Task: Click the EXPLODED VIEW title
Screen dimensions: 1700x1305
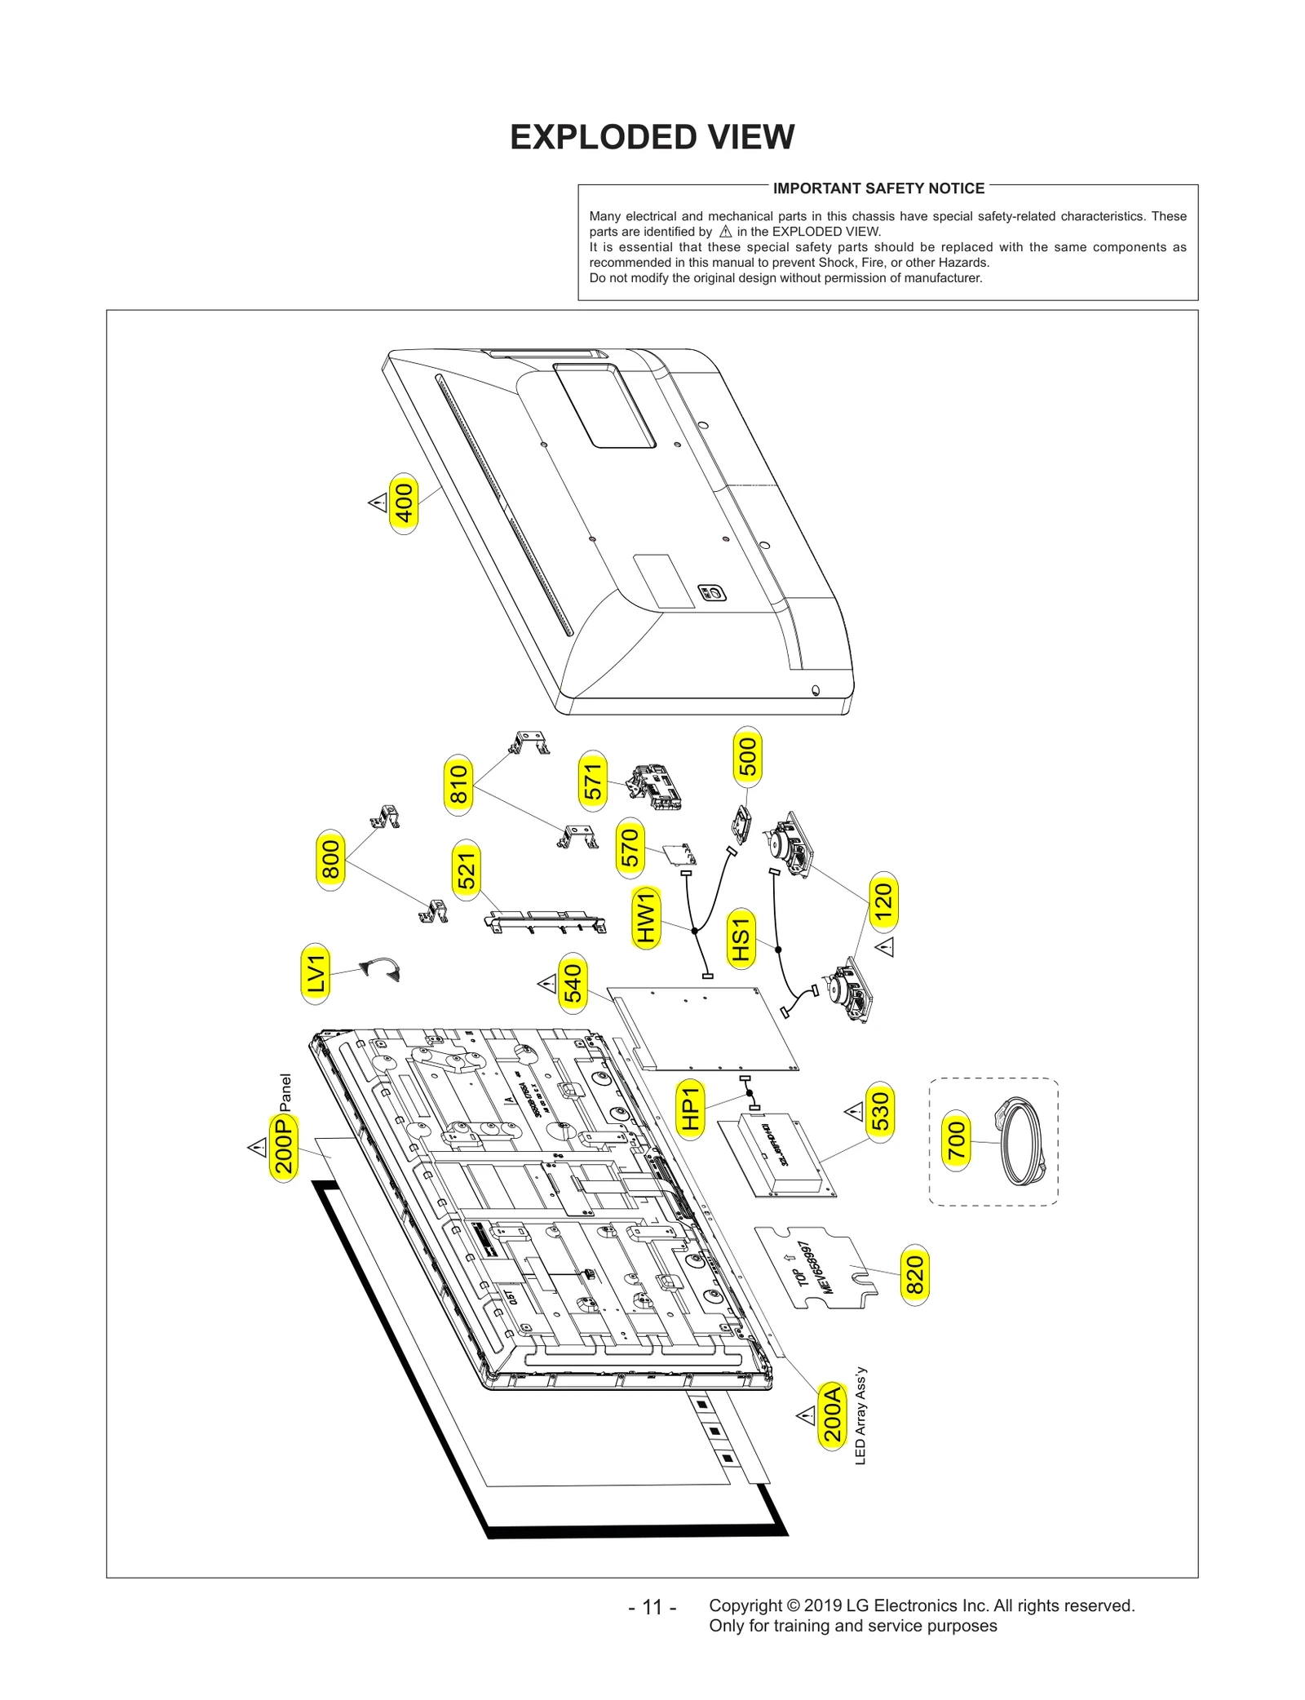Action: (x=652, y=137)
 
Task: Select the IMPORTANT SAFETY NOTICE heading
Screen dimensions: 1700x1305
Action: (x=878, y=188)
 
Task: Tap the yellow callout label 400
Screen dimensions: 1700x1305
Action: (x=404, y=503)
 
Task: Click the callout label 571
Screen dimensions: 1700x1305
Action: (x=592, y=781)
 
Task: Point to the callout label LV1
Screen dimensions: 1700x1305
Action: (x=316, y=973)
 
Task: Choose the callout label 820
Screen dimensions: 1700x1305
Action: (x=914, y=1276)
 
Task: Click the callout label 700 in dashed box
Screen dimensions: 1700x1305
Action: (x=956, y=1141)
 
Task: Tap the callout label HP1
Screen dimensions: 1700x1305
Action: (x=690, y=1109)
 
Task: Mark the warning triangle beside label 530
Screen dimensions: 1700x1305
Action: (x=853, y=1111)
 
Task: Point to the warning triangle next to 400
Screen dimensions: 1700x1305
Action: (x=377, y=502)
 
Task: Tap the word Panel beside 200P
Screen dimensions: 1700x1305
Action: (x=285, y=1092)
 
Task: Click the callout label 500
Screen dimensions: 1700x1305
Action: (x=747, y=757)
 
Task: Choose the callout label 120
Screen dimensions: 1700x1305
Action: (x=883, y=902)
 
